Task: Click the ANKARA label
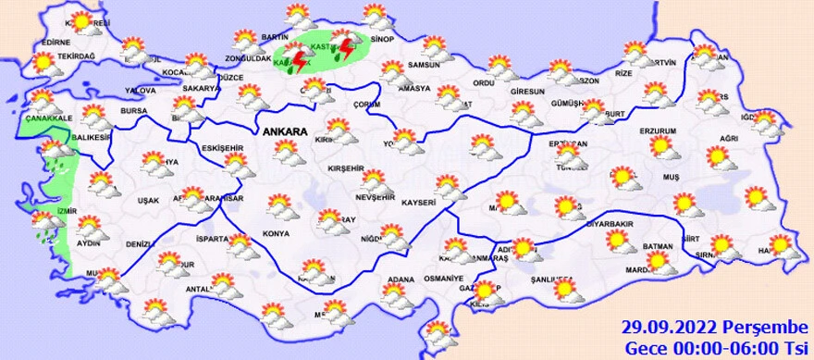coord(284,131)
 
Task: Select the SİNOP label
coord(382,39)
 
